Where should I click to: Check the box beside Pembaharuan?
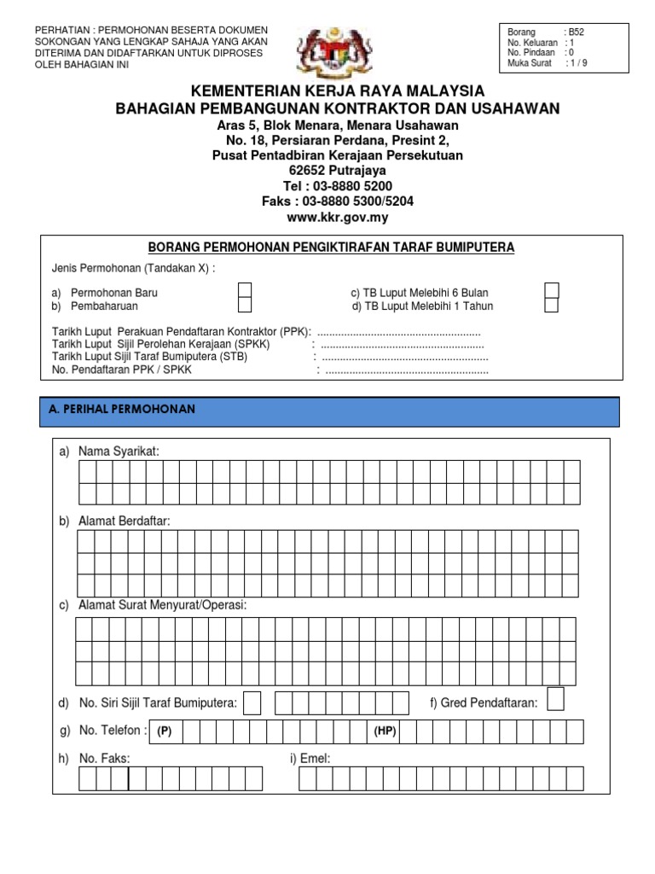point(245,306)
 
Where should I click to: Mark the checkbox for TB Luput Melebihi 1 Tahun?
point(552,306)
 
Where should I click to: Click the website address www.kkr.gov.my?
point(339,217)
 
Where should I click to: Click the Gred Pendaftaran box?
point(555,700)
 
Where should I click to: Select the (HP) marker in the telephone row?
point(385,731)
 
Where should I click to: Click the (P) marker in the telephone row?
point(165,731)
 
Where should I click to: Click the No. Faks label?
point(104,758)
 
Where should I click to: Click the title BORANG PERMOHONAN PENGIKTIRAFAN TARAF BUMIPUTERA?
point(332,248)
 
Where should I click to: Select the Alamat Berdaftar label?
point(124,521)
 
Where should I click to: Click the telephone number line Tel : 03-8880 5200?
point(338,186)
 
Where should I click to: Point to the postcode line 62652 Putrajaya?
point(338,171)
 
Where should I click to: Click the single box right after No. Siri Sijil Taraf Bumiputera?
point(252,703)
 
